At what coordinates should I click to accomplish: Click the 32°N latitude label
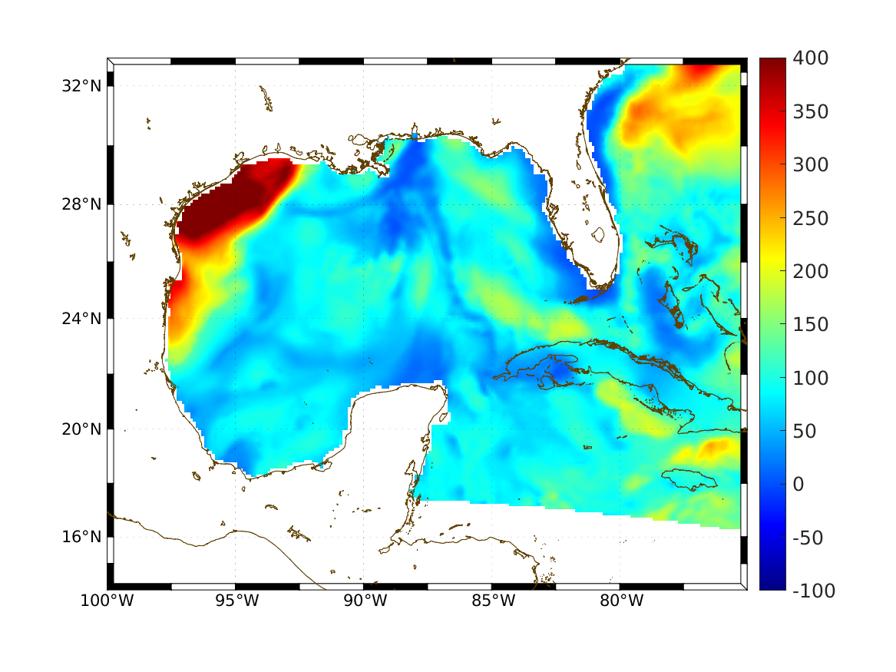82,85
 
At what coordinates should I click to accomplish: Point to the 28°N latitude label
82,205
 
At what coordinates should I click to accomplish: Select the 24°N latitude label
82,318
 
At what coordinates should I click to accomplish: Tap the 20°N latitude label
82,429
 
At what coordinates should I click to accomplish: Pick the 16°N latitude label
82,536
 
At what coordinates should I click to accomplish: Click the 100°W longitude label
107,601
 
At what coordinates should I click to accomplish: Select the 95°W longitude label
236,601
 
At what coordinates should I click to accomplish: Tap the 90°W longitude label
364,601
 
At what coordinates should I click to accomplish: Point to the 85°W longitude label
492,601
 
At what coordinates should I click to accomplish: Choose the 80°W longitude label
620,601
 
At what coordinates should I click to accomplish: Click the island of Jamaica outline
689,478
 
